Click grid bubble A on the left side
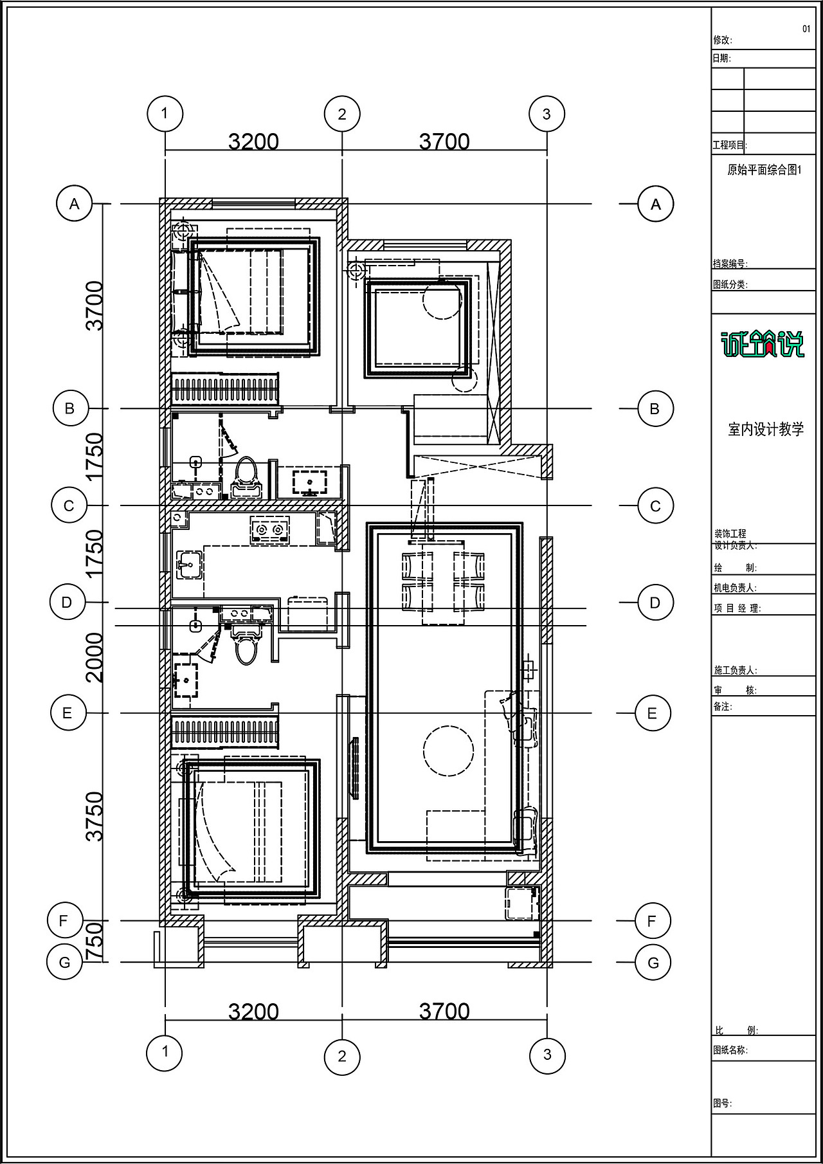[75, 204]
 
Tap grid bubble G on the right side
[653, 963]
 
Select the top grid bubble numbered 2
[342, 114]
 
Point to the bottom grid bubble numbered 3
[547, 1054]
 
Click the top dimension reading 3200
[254, 141]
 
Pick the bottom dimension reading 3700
[444, 1012]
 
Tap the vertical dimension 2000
[95, 657]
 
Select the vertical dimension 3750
[95, 816]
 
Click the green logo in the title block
[763, 343]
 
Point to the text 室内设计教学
[766, 430]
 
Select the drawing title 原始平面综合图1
[764, 170]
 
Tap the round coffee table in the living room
[448, 750]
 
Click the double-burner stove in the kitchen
[269, 530]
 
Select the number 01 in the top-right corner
[806, 29]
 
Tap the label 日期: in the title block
[721, 59]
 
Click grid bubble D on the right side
[655, 603]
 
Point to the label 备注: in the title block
[723, 706]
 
